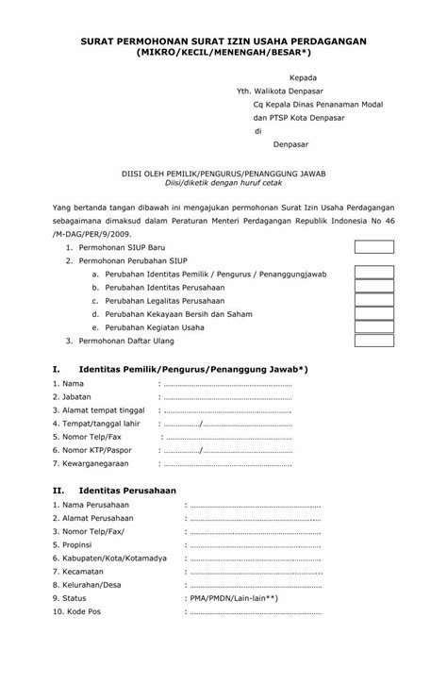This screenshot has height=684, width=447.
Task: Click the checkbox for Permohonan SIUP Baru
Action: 373,246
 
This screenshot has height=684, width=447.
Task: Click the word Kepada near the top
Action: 303,77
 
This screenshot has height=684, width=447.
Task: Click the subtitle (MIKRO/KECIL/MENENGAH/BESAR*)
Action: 223,56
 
